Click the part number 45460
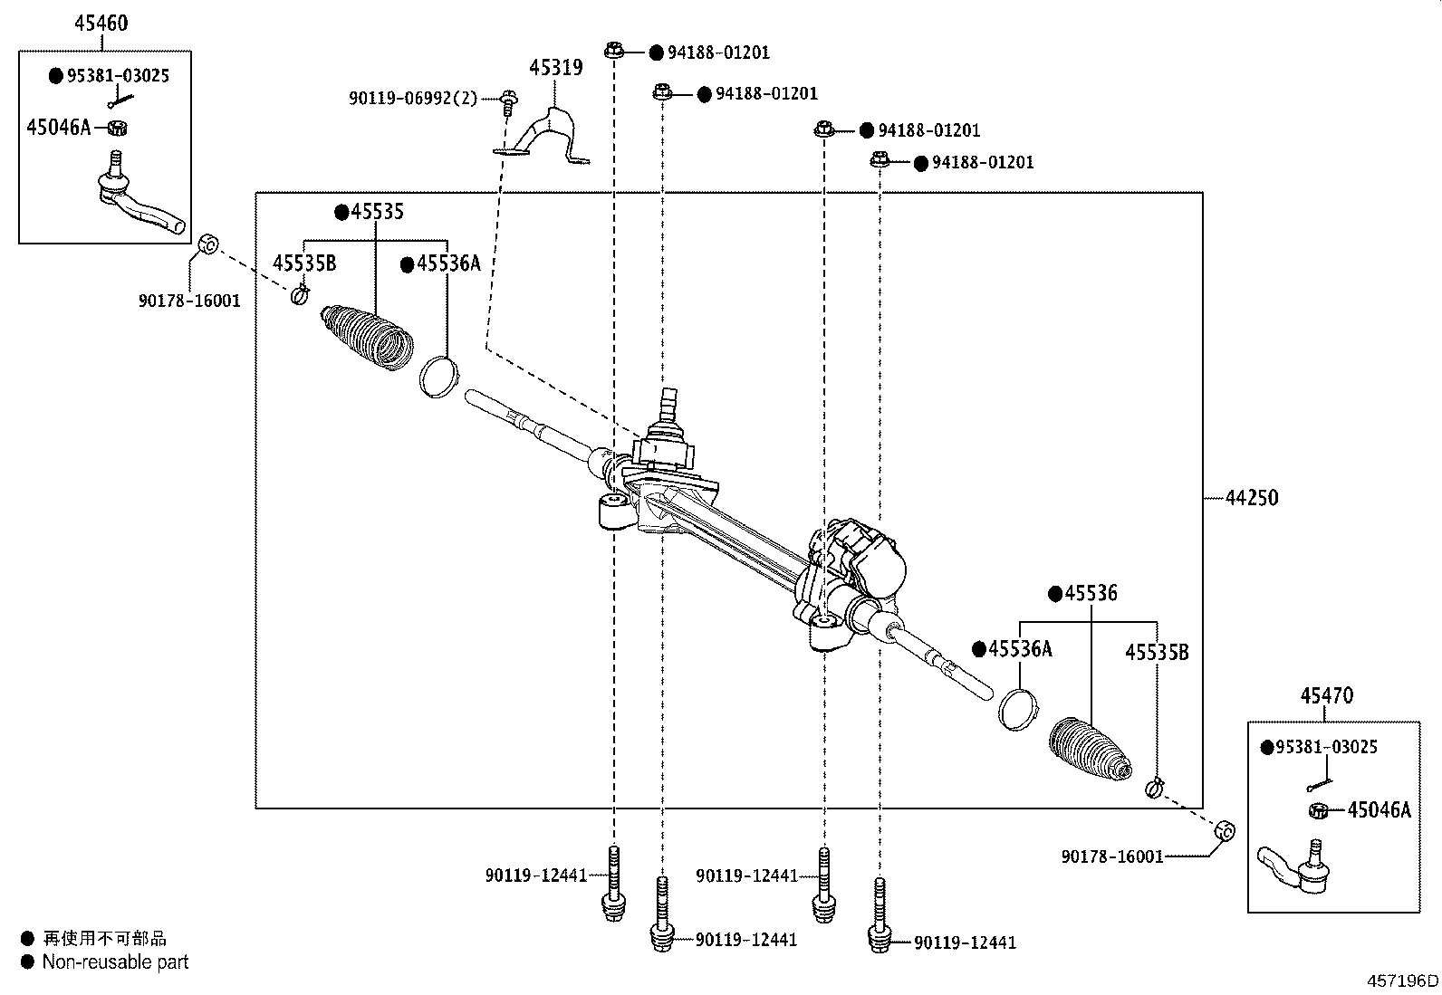coord(101,24)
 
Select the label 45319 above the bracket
coord(556,68)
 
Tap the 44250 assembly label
coord(1252,498)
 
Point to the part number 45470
coord(1327,695)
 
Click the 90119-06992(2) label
coord(413,99)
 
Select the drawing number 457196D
coord(1402,981)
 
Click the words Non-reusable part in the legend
coord(115,962)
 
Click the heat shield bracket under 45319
coord(544,137)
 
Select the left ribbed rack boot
coord(367,336)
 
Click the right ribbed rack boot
coord(1091,749)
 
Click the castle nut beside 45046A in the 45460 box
coord(117,128)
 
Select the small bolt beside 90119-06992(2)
coord(509,102)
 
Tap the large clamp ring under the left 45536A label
coord(439,378)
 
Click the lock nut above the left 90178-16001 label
coord(208,244)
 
